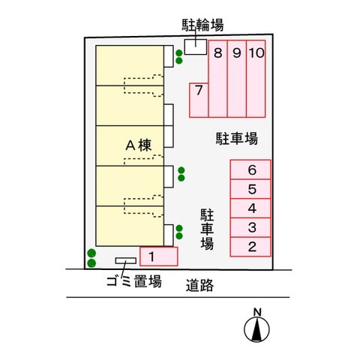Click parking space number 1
pyautogui.click(x=159, y=256)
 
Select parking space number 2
pyautogui.click(x=250, y=247)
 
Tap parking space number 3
pyautogui.click(x=250, y=228)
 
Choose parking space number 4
pyautogui.click(x=250, y=208)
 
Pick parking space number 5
pyautogui.click(x=250, y=189)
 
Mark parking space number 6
pyautogui.click(x=250, y=169)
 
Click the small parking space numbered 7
pyautogui.click(x=199, y=100)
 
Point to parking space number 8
pyautogui.click(x=218, y=79)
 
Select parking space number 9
pyautogui.click(x=237, y=79)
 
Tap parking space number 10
pyautogui.click(x=256, y=79)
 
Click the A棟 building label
pyautogui.click(x=139, y=145)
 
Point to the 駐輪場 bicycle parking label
pyautogui.click(x=202, y=25)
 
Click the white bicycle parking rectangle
pyautogui.click(x=196, y=46)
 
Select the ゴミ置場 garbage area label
pyautogui.click(x=134, y=281)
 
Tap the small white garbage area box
pyautogui.click(x=126, y=261)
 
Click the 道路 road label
pyautogui.click(x=199, y=286)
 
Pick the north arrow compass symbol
pyautogui.click(x=256, y=329)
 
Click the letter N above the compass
pyautogui.click(x=257, y=312)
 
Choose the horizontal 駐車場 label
pyautogui.click(x=237, y=139)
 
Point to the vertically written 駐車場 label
pyautogui.click(x=207, y=229)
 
